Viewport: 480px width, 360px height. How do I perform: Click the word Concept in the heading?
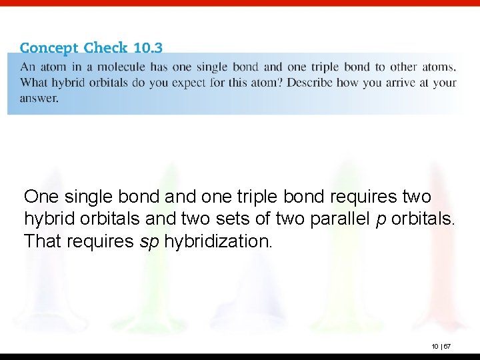pyautogui.click(x=49, y=49)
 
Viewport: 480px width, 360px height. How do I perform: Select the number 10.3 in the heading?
pyautogui.click(x=147, y=49)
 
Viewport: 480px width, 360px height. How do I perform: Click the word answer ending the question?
pyautogui.click(x=39, y=98)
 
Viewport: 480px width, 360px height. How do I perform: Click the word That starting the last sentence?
pyautogui.click(x=43, y=241)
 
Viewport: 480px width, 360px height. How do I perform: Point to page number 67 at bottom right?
pyautogui.click(x=447, y=347)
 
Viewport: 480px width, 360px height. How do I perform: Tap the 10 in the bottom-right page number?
pyautogui.click(x=435, y=347)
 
